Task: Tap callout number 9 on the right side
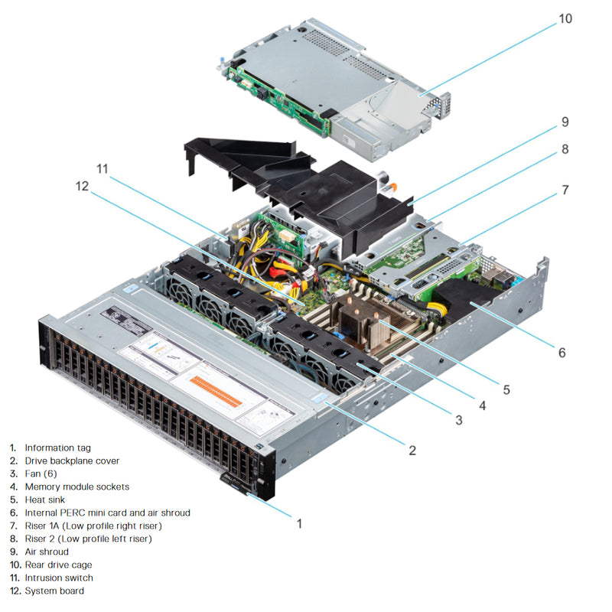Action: pyautogui.click(x=565, y=122)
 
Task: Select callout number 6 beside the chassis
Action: pyautogui.click(x=562, y=353)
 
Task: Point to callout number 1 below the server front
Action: pyautogui.click(x=299, y=524)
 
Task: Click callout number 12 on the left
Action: pyautogui.click(x=81, y=186)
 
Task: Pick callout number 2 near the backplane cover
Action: pyautogui.click(x=412, y=451)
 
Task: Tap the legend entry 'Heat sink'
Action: pyautogui.click(x=45, y=500)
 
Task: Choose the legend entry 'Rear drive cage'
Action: pyautogui.click(x=58, y=565)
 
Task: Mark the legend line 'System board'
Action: pyautogui.click(x=54, y=591)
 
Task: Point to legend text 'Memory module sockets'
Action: pyautogui.click(x=76, y=487)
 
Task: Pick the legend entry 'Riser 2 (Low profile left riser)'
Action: pyautogui.click(x=88, y=539)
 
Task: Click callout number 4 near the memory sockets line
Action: pyautogui.click(x=482, y=405)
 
